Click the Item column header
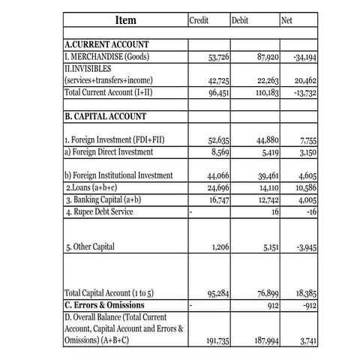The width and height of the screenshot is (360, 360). pos(125,19)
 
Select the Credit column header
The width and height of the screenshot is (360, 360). pos(199,20)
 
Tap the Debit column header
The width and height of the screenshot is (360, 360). pos(241,20)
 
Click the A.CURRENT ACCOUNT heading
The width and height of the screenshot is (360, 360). pos(107,45)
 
